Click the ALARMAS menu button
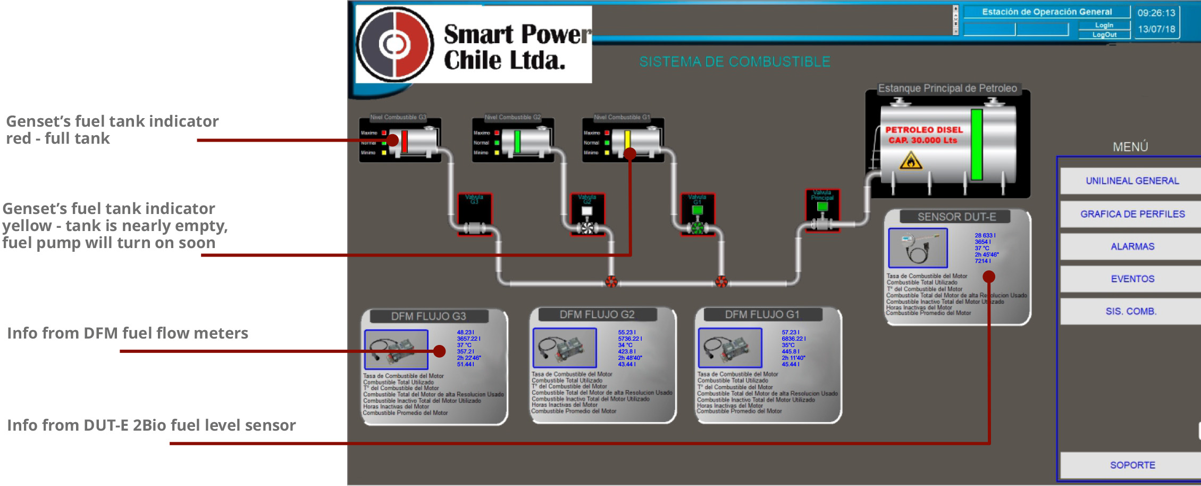click(x=1132, y=246)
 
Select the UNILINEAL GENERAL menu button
click(x=1132, y=181)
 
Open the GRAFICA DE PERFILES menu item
click(x=1132, y=214)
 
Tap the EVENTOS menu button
click(x=1132, y=279)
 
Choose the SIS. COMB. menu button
click(x=1131, y=311)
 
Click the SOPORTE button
click(x=1132, y=465)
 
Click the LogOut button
click(x=1104, y=35)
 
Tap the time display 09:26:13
click(x=1156, y=13)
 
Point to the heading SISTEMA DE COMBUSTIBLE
click(x=734, y=62)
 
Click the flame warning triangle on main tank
click(x=910, y=160)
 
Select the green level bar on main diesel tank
click(x=976, y=145)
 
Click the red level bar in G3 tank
click(x=405, y=142)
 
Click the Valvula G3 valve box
click(x=474, y=215)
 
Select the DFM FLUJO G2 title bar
click(x=597, y=315)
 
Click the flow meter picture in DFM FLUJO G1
click(x=729, y=348)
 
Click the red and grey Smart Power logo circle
click(x=394, y=45)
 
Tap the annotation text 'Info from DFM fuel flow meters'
click(x=128, y=333)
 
